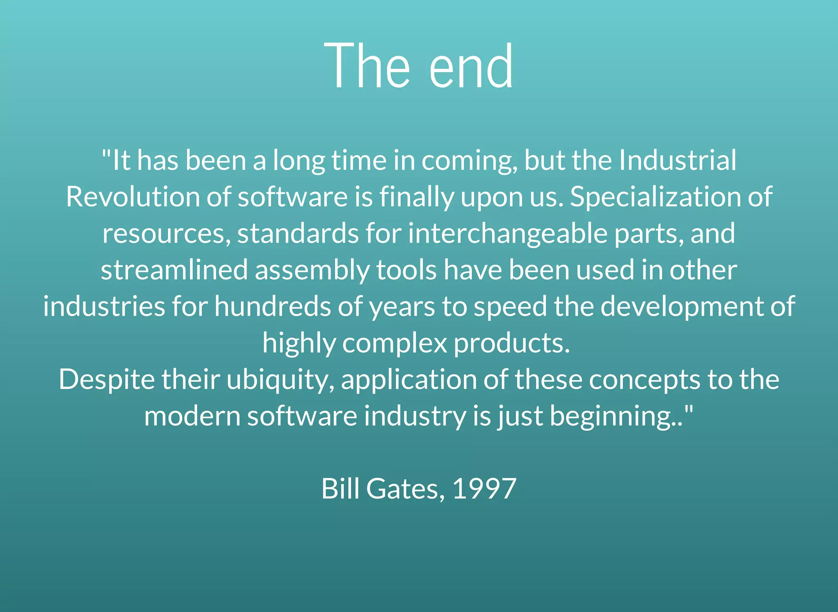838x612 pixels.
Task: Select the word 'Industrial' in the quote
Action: (x=677, y=160)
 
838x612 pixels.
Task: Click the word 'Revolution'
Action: (x=132, y=197)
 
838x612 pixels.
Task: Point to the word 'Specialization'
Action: (x=655, y=197)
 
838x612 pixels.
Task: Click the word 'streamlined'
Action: (x=174, y=270)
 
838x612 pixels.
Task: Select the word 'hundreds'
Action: (x=272, y=306)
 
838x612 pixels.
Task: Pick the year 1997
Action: (x=484, y=489)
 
